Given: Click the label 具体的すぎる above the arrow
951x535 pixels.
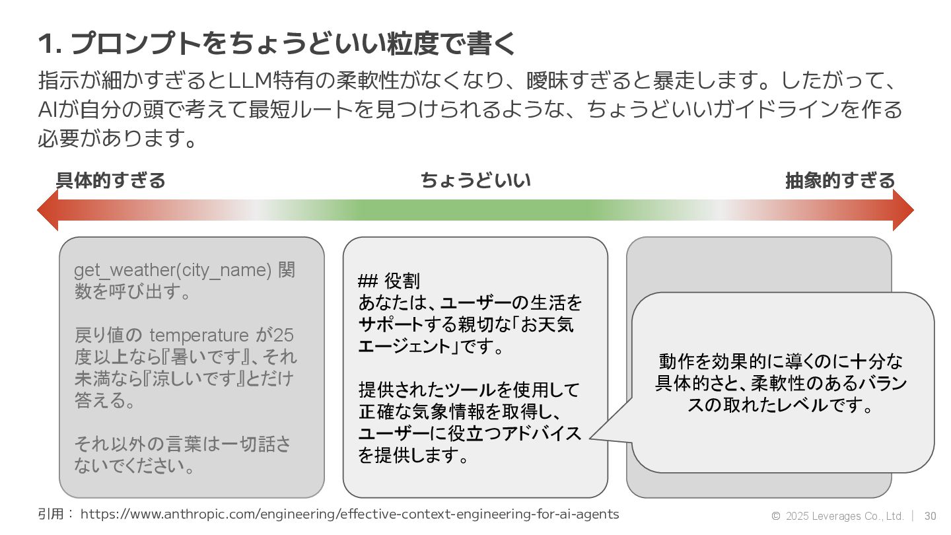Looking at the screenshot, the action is (110, 180).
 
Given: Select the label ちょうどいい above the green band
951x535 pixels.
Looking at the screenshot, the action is (475, 180).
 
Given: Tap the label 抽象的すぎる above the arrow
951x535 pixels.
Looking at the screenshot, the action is (839, 180).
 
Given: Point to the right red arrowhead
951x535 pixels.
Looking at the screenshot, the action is (903, 210).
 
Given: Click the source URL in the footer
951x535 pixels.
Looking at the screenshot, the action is (349, 514).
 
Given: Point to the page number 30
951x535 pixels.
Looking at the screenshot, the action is (930, 516).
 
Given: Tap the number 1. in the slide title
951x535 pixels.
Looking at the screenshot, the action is (50, 45).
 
